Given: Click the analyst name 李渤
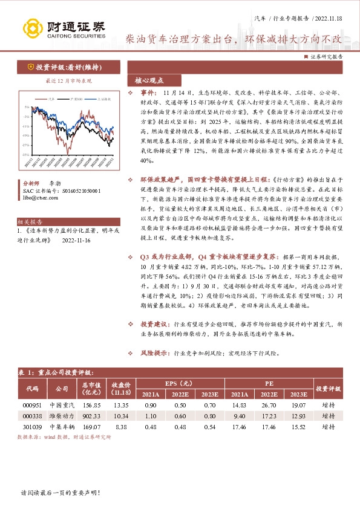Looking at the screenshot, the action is point(55,182).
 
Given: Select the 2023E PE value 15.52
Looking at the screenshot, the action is point(299,427).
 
